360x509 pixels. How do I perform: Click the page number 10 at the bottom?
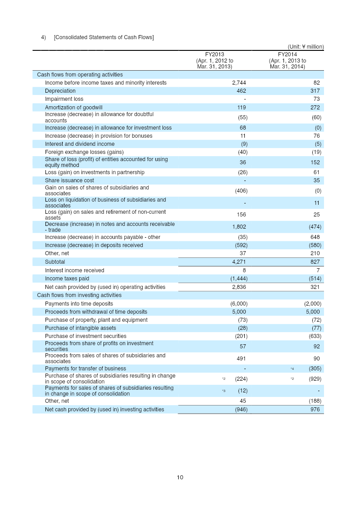(x=180, y=477)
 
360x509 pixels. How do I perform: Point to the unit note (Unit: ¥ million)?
(x=306, y=46)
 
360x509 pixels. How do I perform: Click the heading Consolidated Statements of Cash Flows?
(x=103, y=37)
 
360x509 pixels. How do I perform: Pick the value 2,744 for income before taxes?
(x=239, y=83)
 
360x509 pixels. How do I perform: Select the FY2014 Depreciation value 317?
(x=315, y=91)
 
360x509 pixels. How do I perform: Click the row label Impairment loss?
(x=64, y=99)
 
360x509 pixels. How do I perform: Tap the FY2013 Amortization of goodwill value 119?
(x=241, y=108)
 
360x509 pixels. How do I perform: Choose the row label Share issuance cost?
(x=69, y=180)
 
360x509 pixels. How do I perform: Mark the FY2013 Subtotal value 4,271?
(x=239, y=261)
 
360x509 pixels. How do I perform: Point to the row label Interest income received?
(x=74, y=270)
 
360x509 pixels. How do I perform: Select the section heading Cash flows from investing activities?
(x=79, y=295)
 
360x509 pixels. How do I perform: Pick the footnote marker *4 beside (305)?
(x=292, y=369)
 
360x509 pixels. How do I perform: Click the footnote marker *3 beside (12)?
(x=224, y=391)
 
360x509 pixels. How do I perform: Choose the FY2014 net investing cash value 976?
(x=315, y=410)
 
